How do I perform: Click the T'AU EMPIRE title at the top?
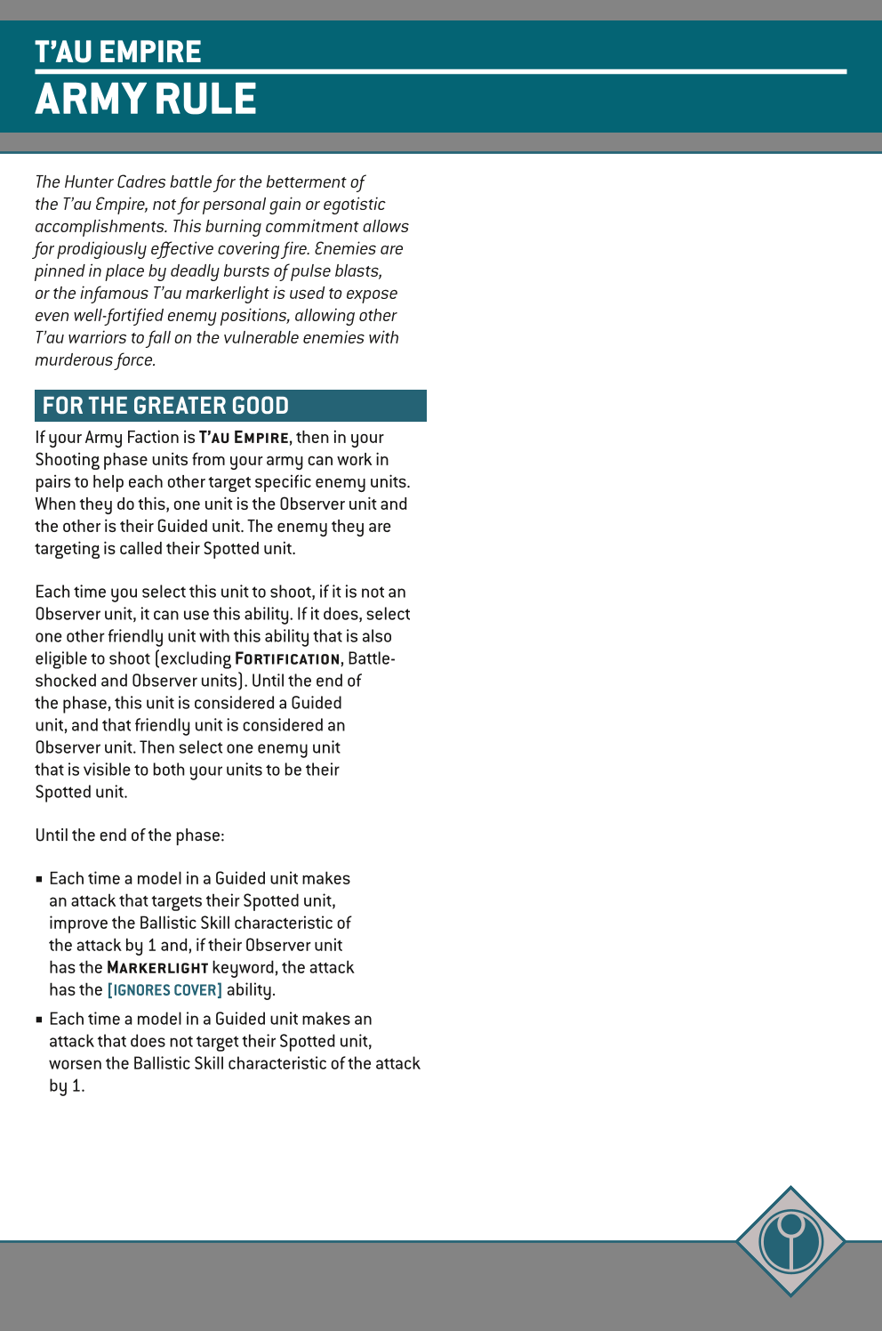(118, 52)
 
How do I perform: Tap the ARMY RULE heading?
(146, 99)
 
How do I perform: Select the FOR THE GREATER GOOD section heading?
(165, 406)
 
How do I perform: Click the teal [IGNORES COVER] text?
(164, 990)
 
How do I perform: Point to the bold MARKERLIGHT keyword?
(157, 968)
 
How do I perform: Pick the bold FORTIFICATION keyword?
(287, 659)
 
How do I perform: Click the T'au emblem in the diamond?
(790, 1240)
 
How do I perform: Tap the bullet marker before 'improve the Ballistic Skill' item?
(39, 879)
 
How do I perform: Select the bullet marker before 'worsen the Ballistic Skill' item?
(39, 1020)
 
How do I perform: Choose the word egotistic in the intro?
(354, 205)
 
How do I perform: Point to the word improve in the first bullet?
(76, 924)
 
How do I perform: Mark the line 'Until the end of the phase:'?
(130, 835)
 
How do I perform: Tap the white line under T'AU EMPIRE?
(440, 71)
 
